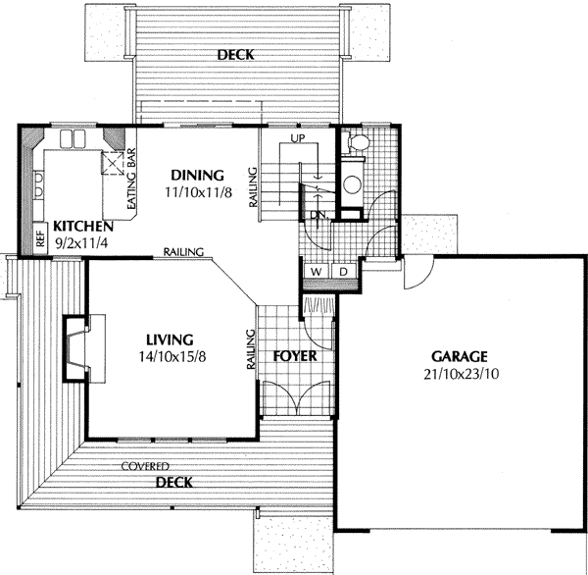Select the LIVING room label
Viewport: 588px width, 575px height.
(169, 340)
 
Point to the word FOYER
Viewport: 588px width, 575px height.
(295, 355)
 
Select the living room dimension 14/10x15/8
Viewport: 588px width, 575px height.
(172, 356)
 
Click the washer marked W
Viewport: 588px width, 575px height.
(318, 271)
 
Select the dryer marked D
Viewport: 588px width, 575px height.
(343, 271)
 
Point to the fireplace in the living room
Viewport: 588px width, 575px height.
(80, 347)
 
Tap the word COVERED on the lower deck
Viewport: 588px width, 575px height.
(145, 466)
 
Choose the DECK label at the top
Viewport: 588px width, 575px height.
(235, 55)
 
